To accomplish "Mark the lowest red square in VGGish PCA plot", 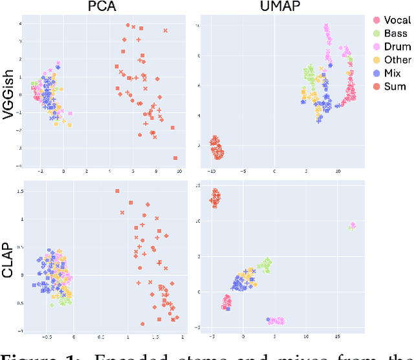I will click(175, 157).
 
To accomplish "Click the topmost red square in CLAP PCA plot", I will click(117, 191).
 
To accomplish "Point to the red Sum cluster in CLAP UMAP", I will click(215, 197).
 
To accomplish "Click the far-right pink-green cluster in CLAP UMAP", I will click(351, 226).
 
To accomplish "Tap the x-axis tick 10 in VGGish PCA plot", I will click(179, 172).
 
